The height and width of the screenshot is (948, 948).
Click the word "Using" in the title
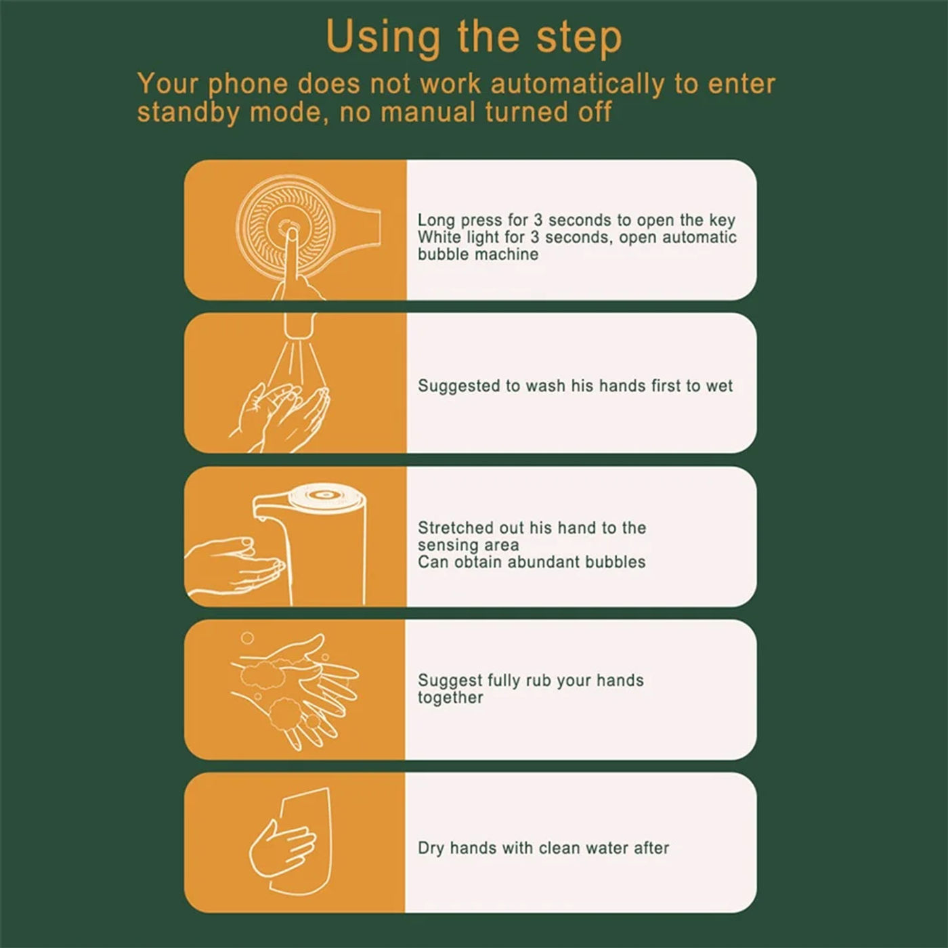point(383,37)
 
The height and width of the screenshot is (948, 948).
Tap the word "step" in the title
point(579,39)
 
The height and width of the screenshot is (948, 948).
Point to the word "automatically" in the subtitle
point(578,85)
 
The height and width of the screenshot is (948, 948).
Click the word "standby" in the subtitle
point(188,112)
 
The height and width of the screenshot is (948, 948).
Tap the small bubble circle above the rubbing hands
point(247,638)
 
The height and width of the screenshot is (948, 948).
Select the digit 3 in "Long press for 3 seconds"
point(538,220)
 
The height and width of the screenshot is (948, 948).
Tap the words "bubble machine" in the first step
point(478,255)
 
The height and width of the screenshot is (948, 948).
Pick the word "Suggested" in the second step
point(458,386)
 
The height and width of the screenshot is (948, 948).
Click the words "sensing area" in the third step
point(468,545)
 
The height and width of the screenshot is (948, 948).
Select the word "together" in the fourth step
point(450,698)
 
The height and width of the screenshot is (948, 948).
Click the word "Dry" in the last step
point(431,848)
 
